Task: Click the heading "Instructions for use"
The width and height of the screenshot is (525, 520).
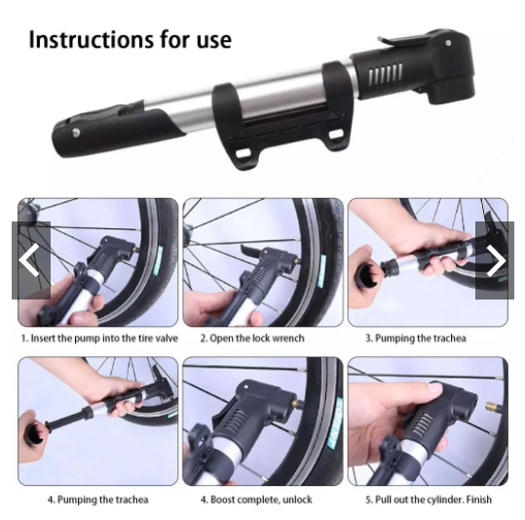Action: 130,40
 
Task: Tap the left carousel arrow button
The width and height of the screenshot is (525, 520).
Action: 31,260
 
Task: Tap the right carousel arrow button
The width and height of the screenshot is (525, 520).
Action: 495,260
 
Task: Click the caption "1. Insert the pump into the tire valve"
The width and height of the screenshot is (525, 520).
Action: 99,338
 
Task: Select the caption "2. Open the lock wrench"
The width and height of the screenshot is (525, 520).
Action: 252,338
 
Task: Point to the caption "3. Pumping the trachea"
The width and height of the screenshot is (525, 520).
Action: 416,338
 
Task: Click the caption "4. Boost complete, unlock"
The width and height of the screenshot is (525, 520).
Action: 256,500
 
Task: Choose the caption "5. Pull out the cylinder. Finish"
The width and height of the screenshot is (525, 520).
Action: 429,500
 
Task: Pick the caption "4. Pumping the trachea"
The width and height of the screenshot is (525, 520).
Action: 98,500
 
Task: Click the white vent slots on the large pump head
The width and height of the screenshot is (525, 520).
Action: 385,73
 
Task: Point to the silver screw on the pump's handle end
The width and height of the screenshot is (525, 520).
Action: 77,133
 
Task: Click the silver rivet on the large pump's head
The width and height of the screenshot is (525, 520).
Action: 448,43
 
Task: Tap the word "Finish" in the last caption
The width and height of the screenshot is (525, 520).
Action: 479,500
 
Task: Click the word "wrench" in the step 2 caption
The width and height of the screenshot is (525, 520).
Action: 288,338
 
